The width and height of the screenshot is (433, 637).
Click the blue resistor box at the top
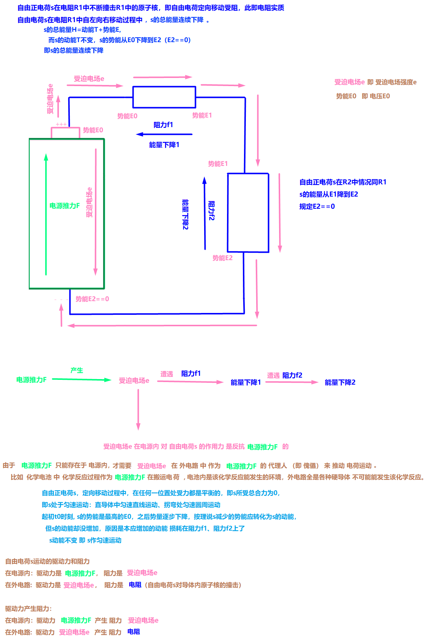coord(164,97)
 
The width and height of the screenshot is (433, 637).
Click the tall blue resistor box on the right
coord(248,212)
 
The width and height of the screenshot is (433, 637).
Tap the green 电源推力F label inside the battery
coord(65,206)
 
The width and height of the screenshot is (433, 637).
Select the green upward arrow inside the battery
coord(46,214)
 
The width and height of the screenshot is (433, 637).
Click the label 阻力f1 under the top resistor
coord(163,125)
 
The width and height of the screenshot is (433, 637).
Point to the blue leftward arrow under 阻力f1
coord(164,134)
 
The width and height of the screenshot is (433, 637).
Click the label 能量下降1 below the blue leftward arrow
coord(164,145)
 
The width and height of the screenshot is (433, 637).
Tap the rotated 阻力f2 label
coord(212,211)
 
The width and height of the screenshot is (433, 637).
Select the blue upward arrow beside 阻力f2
coord(205,213)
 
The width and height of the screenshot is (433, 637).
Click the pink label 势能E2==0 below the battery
coord(92,299)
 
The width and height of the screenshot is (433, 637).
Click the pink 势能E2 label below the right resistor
coord(223,258)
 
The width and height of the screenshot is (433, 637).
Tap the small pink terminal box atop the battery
coord(65,133)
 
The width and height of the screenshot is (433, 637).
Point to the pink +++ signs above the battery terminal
coord(61,125)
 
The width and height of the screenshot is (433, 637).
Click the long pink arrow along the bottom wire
coord(162,326)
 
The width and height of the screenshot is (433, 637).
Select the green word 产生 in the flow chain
coord(77,370)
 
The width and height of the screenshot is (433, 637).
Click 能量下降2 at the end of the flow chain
coord(340,382)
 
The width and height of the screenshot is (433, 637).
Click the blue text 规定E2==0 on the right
coord(317,207)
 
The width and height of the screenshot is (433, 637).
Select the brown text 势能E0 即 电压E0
coord(363,96)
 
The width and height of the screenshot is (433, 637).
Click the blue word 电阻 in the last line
coord(134,631)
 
